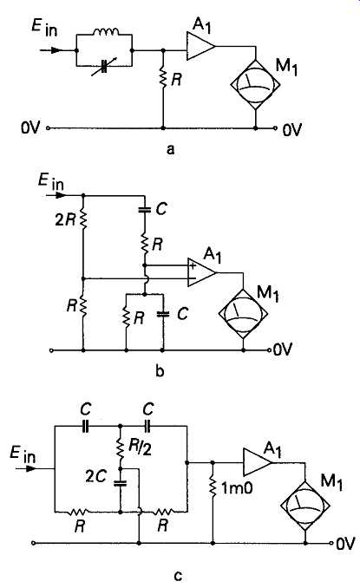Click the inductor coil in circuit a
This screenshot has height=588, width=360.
[x=106, y=31]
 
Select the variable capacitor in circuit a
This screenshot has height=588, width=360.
[x=105, y=67]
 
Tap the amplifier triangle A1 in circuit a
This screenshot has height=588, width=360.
[x=200, y=46]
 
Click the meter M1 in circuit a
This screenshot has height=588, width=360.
[x=255, y=83]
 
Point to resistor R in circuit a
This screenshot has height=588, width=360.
[x=163, y=78]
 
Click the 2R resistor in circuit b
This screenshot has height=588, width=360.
[x=83, y=219]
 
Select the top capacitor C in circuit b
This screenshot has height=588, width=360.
[x=144, y=210]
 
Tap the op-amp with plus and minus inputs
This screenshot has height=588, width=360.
[x=202, y=272]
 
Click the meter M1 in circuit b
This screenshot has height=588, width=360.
[x=243, y=313]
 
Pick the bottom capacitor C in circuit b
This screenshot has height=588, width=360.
[x=163, y=314]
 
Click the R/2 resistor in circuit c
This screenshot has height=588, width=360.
[x=121, y=448]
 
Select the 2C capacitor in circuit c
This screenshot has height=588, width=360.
[x=121, y=483]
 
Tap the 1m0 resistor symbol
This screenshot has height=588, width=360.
[x=213, y=487]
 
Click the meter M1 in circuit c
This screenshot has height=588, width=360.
[x=305, y=506]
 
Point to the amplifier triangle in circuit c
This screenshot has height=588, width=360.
[x=258, y=462]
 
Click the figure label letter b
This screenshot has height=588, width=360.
[x=160, y=371]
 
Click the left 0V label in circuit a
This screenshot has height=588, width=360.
[x=30, y=127]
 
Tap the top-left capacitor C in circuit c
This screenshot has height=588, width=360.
[x=86, y=427]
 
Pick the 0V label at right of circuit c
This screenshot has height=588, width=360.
[x=345, y=544]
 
